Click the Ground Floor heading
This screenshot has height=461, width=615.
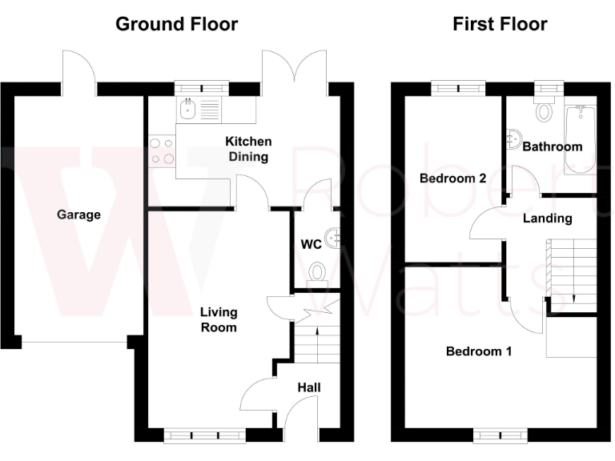[176, 24]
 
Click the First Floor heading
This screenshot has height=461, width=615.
[500, 24]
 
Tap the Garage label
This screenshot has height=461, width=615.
[78, 214]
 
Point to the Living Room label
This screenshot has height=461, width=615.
[219, 319]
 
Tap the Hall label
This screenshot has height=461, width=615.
[309, 387]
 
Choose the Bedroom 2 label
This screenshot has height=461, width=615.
[452, 178]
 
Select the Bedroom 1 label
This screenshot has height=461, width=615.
[479, 351]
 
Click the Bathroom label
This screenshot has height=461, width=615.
[552, 146]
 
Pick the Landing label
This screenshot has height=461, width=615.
[547, 218]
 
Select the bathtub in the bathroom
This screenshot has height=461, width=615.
[578, 140]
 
